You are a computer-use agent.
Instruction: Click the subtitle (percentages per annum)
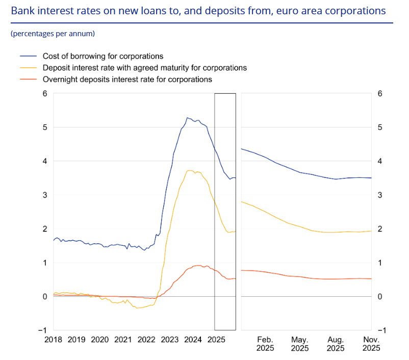click(x=53, y=34)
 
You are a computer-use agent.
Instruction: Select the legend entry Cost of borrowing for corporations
click(x=103, y=56)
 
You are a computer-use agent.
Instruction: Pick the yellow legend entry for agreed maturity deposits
click(x=145, y=68)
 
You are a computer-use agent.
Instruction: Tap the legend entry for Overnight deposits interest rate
click(x=127, y=80)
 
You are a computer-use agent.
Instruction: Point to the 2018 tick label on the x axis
click(x=53, y=339)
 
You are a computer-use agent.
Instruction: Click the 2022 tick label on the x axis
click(x=146, y=339)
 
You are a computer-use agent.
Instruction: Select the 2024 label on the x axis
click(x=193, y=339)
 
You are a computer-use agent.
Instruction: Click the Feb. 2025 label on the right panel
click(x=265, y=344)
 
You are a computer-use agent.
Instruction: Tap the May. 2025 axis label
click(x=300, y=344)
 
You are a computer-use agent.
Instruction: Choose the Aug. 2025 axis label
click(x=336, y=344)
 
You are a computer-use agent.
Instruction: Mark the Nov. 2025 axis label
click(x=371, y=344)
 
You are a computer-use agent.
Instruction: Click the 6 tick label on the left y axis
click(x=45, y=93)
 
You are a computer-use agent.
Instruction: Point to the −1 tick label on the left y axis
click(x=43, y=330)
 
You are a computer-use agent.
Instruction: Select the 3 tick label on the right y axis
click(x=379, y=195)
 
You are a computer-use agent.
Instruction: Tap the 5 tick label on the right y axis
click(x=379, y=127)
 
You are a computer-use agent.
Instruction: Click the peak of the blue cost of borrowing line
click(x=187, y=118)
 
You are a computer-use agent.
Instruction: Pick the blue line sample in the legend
click(x=29, y=56)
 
